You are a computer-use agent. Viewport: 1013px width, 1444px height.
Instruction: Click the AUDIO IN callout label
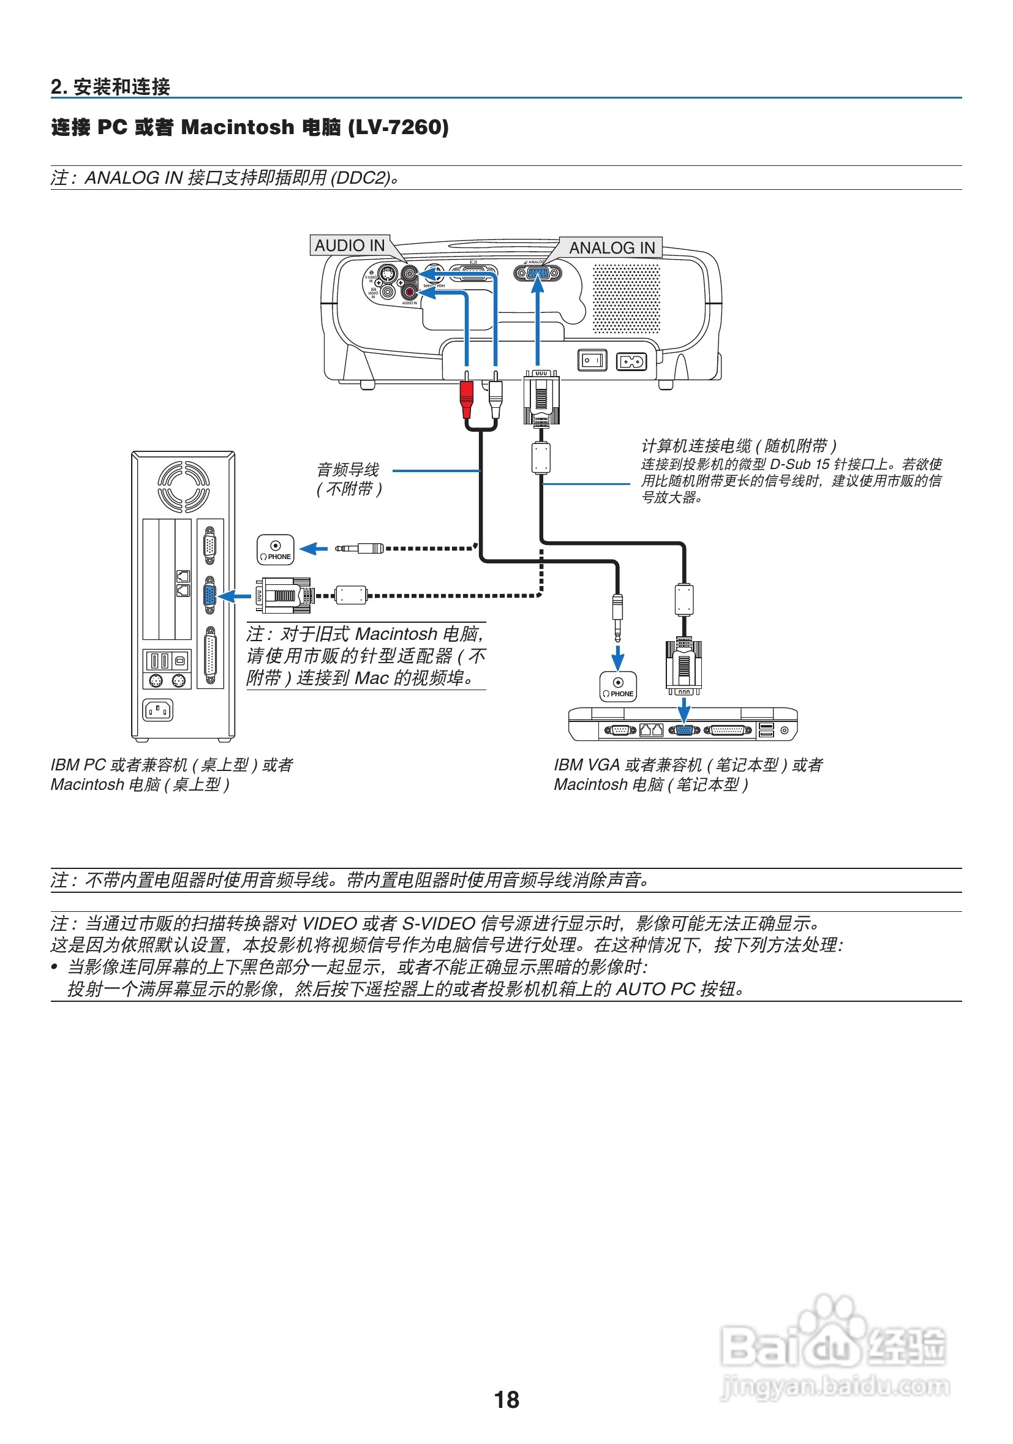tap(350, 246)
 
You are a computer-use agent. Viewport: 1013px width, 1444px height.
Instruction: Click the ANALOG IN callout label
tap(611, 248)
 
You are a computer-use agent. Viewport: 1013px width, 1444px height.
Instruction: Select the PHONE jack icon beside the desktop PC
tap(276, 550)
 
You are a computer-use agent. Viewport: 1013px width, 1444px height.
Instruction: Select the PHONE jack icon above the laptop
tap(618, 686)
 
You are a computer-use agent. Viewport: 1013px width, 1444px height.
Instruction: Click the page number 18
tap(506, 1400)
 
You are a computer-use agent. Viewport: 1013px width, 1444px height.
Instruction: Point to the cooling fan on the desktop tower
tap(183, 486)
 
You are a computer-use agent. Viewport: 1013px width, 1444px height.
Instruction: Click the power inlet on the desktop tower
tap(158, 710)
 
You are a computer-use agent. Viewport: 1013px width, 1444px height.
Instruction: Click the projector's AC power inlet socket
tap(631, 362)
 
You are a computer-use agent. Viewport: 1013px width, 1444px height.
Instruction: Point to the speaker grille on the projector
tap(627, 298)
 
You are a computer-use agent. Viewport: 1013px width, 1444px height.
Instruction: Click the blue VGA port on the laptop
tap(684, 730)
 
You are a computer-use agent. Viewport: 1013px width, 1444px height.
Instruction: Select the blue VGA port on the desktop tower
tap(210, 595)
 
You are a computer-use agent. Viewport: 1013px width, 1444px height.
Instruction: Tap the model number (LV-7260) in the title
tap(398, 127)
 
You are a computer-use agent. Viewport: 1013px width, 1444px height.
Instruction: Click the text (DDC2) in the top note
tap(361, 178)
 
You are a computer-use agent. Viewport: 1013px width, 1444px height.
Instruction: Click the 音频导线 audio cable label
tap(348, 470)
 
